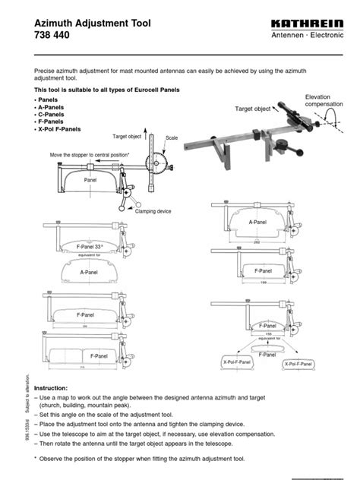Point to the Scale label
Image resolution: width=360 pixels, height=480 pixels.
tap(172, 138)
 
